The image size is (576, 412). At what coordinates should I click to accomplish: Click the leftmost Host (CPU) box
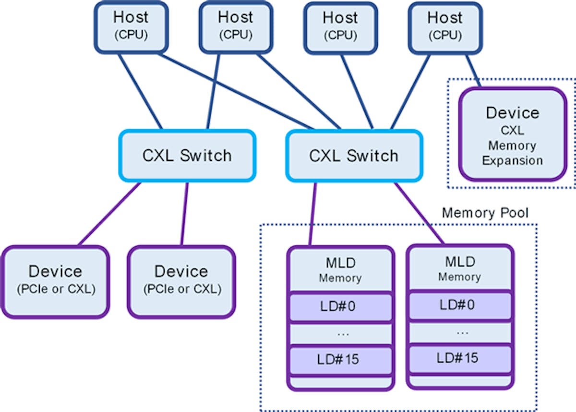[x=131, y=26]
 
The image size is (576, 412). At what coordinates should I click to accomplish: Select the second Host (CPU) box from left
[x=236, y=26]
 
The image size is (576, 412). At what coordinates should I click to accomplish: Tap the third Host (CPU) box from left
[x=340, y=27]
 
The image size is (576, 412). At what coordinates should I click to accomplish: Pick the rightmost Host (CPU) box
[x=445, y=27]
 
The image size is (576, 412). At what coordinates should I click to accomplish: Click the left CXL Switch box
[x=187, y=156]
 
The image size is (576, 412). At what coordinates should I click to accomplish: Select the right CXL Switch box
[x=354, y=156]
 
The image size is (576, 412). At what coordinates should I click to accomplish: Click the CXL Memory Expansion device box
[x=512, y=134]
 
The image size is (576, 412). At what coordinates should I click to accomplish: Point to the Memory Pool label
[x=485, y=213]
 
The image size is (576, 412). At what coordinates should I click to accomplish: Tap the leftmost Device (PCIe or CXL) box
[x=55, y=281]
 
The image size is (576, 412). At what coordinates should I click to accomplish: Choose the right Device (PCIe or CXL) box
[x=181, y=281]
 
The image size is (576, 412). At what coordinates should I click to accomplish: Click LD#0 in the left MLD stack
[x=340, y=306]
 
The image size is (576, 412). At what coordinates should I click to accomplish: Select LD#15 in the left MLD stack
[x=340, y=359]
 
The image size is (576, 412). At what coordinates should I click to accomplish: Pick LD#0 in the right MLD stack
[x=459, y=305]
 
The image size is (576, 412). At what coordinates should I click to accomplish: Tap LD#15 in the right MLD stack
[x=459, y=358]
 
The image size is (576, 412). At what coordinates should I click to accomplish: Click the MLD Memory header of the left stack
[x=340, y=270]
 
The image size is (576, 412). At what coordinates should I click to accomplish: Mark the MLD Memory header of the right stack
[x=459, y=269]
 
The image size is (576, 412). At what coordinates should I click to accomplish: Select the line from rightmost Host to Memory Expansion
[x=473, y=70]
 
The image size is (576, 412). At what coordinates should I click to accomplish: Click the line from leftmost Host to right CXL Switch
[x=235, y=91]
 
